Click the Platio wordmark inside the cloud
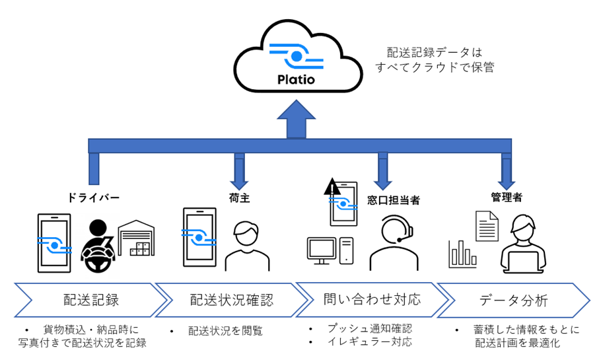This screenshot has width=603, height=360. (297, 81)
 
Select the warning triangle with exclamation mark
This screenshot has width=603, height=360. (332, 188)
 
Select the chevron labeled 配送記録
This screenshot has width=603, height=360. (89, 300)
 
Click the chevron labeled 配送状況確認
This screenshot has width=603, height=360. (231, 300)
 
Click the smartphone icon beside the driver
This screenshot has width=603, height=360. (53, 242)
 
